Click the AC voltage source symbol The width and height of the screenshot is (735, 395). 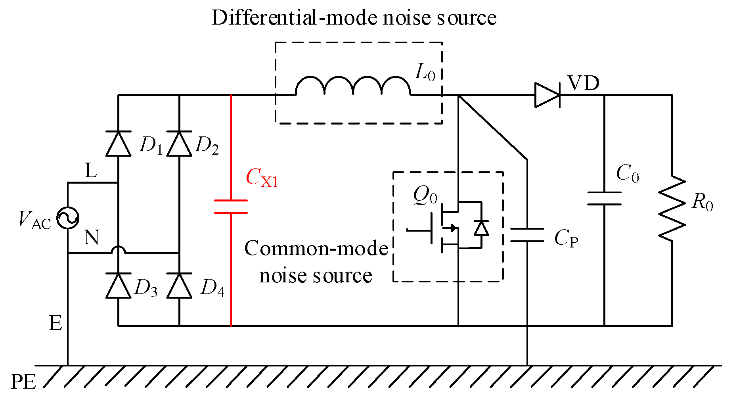point(68,218)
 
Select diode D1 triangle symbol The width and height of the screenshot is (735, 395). point(119,144)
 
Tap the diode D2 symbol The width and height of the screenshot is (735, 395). point(179,144)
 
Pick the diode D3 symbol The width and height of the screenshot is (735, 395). point(119,286)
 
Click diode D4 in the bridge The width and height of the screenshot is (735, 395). point(179,286)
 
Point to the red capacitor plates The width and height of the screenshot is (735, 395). point(231,207)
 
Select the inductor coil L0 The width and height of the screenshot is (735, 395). point(353,86)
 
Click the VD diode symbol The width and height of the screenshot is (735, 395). point(547,95)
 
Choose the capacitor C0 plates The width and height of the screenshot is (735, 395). point(604,199)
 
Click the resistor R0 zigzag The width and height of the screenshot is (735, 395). point(672,209)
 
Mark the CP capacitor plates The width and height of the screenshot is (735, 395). point(527,235)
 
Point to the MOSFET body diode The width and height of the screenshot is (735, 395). point(481,228)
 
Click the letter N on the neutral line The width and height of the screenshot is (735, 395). point(92,238)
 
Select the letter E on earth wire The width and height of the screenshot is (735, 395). point(56,323)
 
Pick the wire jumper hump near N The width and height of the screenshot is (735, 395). point(118,250)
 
